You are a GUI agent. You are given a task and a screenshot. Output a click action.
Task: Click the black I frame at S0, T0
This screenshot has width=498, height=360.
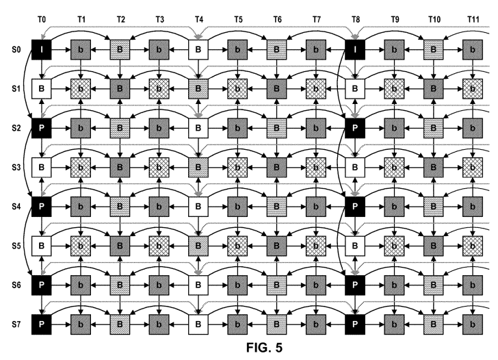(42, 49)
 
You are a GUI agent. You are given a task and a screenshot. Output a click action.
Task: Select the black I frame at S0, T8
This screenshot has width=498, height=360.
(355, 49)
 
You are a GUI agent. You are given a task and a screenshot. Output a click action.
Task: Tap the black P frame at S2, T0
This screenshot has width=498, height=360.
(42, 128)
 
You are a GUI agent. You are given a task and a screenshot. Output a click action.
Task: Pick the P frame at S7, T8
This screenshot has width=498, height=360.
(355, 324)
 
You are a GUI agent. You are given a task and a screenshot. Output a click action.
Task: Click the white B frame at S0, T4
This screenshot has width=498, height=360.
(198, 49)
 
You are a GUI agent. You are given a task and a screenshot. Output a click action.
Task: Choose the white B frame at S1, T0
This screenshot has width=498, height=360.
(42, 89)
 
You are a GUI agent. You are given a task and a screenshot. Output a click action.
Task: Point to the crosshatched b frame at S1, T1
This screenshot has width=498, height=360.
(81, 89)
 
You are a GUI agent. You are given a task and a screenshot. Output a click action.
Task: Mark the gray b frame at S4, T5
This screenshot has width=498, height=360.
(237, 207)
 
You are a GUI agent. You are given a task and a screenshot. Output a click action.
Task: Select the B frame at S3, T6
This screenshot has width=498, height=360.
(276, 167)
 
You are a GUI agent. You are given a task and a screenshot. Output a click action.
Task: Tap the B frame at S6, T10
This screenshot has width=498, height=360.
(434, 285)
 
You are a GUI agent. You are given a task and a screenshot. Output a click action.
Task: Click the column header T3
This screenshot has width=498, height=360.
(160, 20)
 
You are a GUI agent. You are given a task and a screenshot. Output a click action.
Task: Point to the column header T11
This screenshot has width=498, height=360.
(473, 20)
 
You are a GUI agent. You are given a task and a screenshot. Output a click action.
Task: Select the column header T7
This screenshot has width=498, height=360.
(317, 20)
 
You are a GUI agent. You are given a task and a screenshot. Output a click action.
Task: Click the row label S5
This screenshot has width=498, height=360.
(16, 246)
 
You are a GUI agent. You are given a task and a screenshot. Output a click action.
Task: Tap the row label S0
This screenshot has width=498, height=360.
(16, 49)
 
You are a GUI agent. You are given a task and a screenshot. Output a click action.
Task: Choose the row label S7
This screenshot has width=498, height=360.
(16, 324)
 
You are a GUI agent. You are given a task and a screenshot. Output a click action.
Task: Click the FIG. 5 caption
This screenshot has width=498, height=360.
(264, 348)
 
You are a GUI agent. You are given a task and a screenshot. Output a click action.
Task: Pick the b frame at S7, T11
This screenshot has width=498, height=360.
(473, 324)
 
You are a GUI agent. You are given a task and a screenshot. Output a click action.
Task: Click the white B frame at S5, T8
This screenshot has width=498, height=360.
(355, 246)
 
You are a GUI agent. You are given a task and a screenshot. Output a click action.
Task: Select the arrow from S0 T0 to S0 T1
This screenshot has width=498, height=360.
(61, 49)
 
